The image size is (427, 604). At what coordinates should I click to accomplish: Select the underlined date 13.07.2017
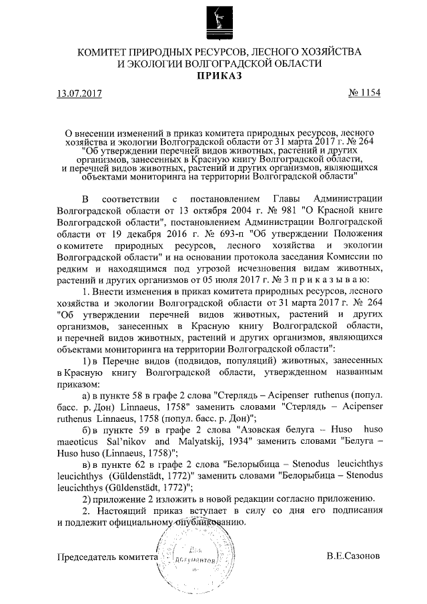pyautogui.click(x=79, y=93)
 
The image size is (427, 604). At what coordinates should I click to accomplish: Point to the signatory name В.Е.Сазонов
pyautogui.click(x=354, y=555)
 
